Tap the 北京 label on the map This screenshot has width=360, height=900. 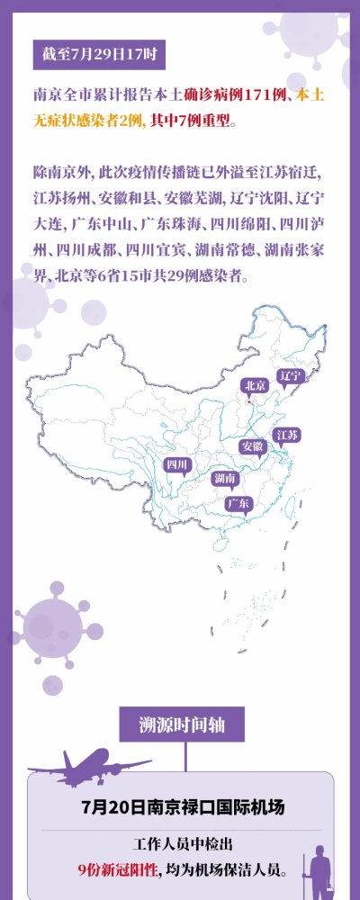[256, 385]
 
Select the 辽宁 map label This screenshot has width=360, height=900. [290, 374]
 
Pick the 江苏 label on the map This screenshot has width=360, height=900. [287, 435]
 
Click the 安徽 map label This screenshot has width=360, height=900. [252, 445]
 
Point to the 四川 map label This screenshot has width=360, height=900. [176, 464]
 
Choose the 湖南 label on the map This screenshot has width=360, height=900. [224, 478]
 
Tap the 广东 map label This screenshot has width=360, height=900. [238, 502]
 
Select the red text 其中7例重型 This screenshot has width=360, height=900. [193, 119]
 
